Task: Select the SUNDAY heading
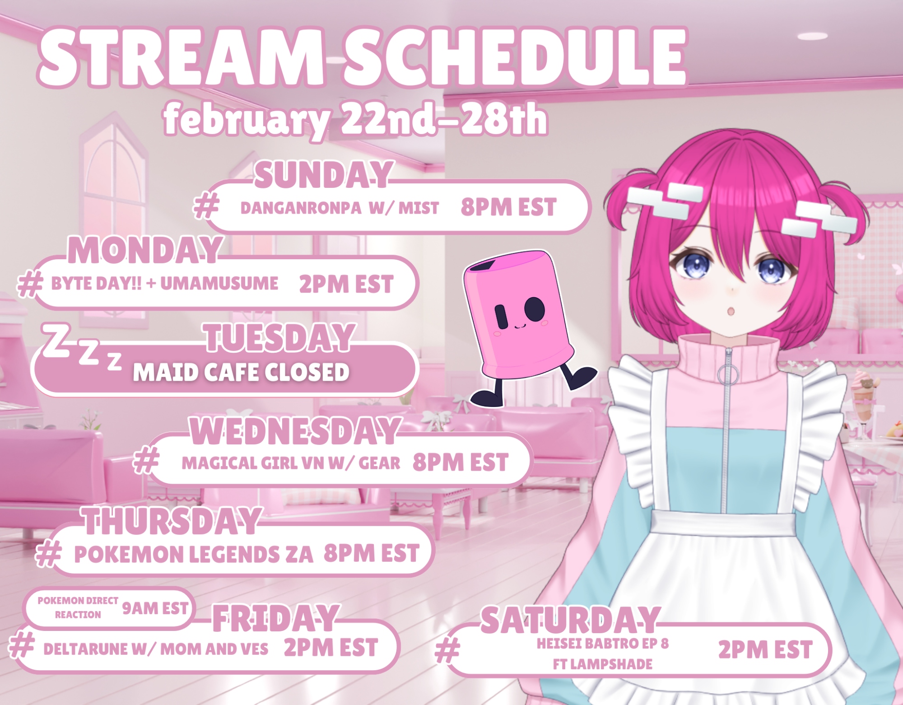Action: tap(322, 175)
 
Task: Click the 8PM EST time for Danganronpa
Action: tap(508, 208)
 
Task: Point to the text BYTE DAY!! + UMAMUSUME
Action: tap(164, 284)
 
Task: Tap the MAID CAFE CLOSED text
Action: tap(241, 372)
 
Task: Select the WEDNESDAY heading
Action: tap(295, 431)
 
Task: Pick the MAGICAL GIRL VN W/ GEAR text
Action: tap(291, 463)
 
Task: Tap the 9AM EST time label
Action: tap(155, 608)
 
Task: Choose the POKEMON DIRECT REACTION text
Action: tap(78, 607)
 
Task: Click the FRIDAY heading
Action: tap(275, 618)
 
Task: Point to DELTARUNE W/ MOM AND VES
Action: tap(156, 649)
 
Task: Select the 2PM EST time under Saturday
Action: tap(765, 650)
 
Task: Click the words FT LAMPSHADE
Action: tap(603, 664)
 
